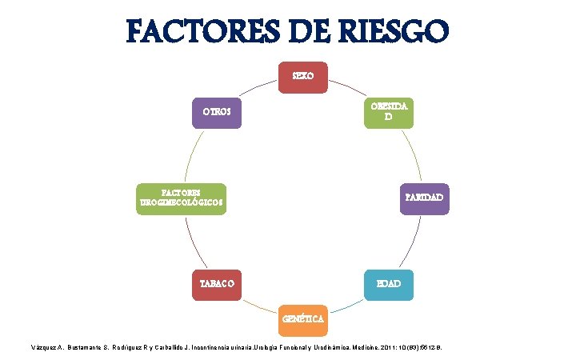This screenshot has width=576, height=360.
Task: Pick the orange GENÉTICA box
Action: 303,319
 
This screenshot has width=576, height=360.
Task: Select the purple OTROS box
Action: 216,113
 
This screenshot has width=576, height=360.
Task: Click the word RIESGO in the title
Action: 386,33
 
